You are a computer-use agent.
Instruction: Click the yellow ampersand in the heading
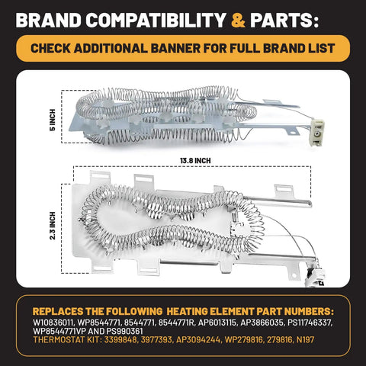click(x=239, y=21)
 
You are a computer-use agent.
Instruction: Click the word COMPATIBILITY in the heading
click(x=156, y=21)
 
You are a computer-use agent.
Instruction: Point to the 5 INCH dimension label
click(x=53, y=120)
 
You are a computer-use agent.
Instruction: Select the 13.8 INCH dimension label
click(x=195, y=161)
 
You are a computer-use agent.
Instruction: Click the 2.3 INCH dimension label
click(x=53, y=226)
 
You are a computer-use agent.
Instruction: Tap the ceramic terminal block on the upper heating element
click(x=317, y=133)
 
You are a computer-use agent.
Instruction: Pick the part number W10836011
click(x=53, y=323)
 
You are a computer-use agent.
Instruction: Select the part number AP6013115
click(x=217, y=323)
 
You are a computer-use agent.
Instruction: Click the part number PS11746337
click(x=310, y=323)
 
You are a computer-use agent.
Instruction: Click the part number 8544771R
click(x=176, y=323)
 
